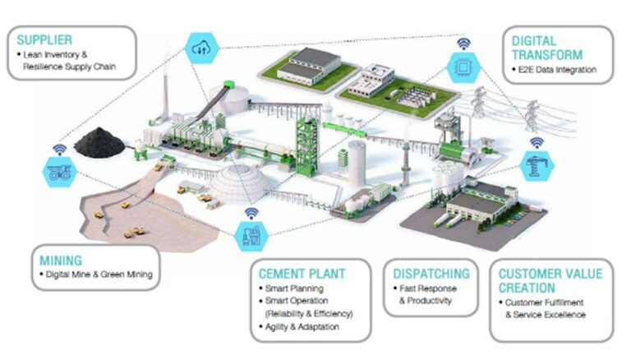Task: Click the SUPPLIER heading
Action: click(44, 39)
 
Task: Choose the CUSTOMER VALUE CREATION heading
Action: click(550, 280)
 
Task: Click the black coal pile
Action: click(99, 141)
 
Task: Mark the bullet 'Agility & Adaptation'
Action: click(302, 326)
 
